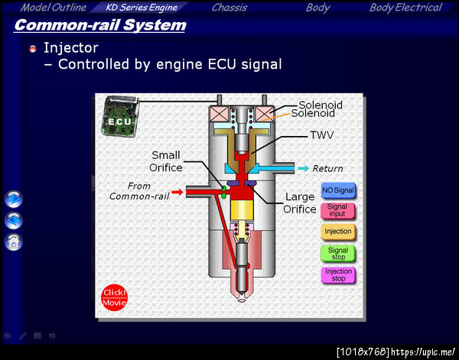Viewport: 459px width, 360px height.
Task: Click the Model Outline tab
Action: coord(54,8)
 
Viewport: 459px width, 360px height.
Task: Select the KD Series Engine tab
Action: coord(142,8)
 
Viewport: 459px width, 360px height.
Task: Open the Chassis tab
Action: coord(229,8)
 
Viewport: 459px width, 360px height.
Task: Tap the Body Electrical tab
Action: coord(405,8)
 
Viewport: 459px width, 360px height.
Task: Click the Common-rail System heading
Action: coord(100,25)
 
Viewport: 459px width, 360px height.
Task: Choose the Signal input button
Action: coord(337,210)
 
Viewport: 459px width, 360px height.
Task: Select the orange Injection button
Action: coord(337,231)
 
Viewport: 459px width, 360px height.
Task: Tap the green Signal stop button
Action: coord(337,253)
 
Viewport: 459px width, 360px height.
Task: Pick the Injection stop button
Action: coord(337,274)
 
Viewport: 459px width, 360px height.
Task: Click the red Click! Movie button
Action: coord(115,297)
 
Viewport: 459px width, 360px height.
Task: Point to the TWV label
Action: coord(321,135)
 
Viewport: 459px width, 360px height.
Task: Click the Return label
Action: coord(327,168)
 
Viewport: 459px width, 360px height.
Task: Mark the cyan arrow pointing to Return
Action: coord(303,168)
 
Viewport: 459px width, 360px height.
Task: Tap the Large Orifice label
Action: coord(300,203)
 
